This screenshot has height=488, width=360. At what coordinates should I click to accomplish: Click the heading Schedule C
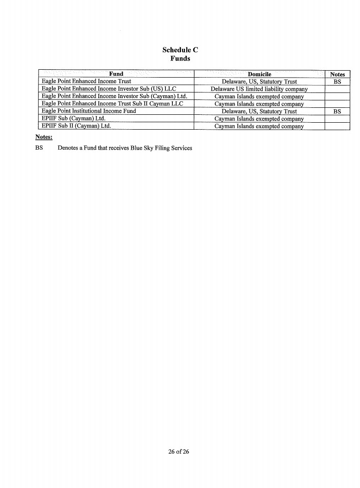pos(180,50)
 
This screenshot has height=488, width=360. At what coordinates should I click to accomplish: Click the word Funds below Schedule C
pos(180,59)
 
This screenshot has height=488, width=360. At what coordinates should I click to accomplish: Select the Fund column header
pos(116,74)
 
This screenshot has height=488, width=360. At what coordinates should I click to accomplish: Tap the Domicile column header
pos(259,74)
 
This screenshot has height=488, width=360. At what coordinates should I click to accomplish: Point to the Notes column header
pos(337,74)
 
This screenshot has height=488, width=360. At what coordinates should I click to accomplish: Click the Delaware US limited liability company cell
pos(259,89)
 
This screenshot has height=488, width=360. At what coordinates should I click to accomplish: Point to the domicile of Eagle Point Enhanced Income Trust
pos(259,81)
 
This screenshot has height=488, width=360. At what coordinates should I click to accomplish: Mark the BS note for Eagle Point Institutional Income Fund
pos(337,111)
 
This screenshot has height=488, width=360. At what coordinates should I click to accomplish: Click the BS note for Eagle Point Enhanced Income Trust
pos(337,81)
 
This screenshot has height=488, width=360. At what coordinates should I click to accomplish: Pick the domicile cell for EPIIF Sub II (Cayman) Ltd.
pos(259,126)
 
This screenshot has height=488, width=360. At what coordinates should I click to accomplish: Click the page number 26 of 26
pos(179,451)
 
